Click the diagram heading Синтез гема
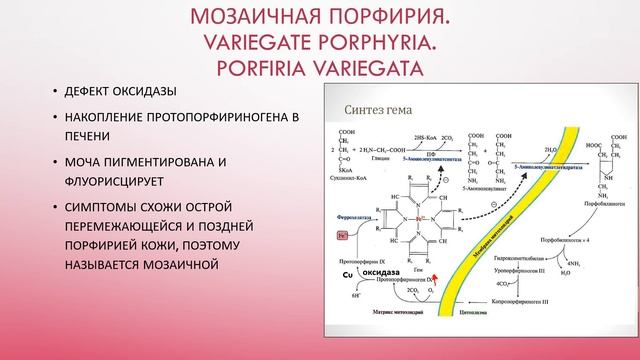click(x=376, y=111)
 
